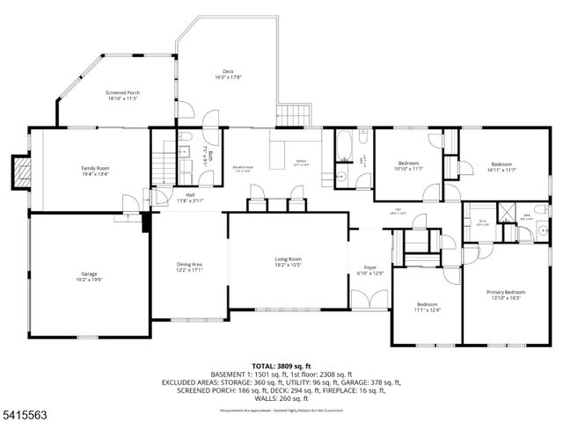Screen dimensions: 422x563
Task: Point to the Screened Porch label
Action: pyautogui.click(x=123, y=92)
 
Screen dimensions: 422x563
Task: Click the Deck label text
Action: pyautogui.click(x=227, y=71)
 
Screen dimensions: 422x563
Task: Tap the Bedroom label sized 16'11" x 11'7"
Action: pyautogui.click(x=501, y=164)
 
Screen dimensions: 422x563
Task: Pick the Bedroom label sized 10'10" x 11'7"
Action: pyautogui.click(x=410, y=164)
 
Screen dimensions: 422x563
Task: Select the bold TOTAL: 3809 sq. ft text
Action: pyautogui.click(x=281, y=365)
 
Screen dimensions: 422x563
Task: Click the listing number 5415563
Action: pyautogui.click(x=24, y=411)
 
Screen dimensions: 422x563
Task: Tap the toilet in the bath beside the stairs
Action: pyautogui.click(x=186, y=138)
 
